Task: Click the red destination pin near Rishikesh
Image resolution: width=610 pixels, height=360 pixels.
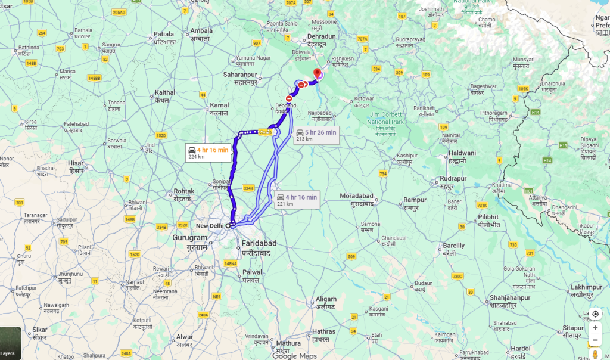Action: pos(318,73)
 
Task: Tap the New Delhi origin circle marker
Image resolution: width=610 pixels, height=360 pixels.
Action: pos(228,226)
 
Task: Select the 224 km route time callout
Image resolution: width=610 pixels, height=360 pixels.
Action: pos(208,153)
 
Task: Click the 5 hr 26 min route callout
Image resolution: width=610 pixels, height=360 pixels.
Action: pos(316,135)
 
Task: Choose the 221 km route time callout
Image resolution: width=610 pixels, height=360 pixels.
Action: pos(297,200)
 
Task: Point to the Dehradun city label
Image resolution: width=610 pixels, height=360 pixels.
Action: pos(322,40)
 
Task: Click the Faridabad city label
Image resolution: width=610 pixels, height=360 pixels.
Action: pos(258,247)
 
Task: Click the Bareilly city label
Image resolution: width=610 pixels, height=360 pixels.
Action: pos(454,249)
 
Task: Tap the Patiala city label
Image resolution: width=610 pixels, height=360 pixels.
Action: pos(164,38)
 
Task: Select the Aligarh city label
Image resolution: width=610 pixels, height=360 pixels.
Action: pos(326,302)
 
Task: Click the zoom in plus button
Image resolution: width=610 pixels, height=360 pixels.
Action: pos(595,328)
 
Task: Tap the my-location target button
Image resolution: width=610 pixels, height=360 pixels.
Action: pos(595,314)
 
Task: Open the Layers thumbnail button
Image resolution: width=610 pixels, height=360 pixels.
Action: pos(10,344)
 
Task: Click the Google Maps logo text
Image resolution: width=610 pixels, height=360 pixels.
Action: pos(295,356)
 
